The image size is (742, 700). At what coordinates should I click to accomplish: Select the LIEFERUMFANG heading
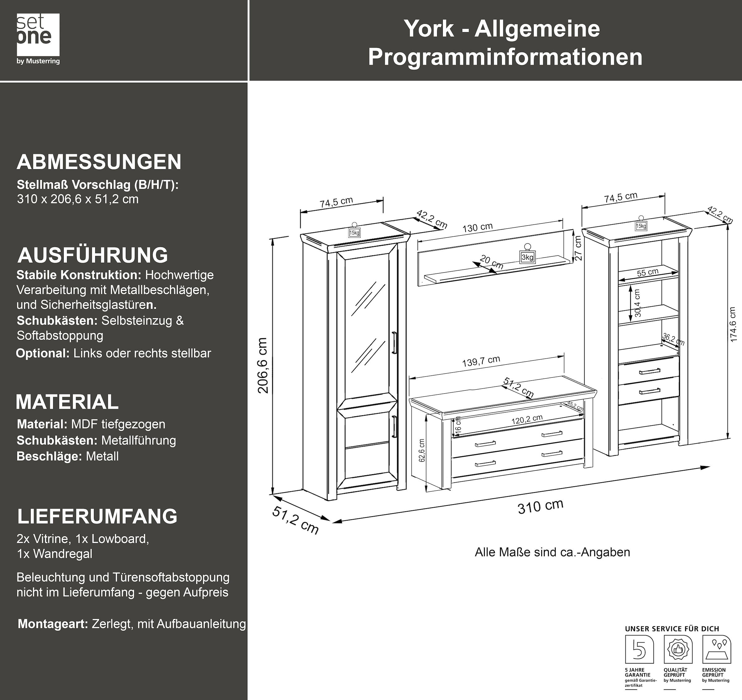coord(97,516)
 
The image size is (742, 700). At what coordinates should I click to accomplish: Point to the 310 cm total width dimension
coord(540,506)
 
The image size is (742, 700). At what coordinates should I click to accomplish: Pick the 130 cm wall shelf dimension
coord(477,227)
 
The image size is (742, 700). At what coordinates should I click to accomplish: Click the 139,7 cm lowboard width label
coord(481,361)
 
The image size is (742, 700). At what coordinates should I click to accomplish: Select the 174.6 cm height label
coord(733,324)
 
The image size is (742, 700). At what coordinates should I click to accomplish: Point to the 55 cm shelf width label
coord(647,272)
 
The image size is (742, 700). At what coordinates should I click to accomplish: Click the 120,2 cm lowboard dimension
coord(527,419)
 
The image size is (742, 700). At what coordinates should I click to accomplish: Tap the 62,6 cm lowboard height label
coord(422,451)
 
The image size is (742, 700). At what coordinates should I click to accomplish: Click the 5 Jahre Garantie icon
coord(639,650)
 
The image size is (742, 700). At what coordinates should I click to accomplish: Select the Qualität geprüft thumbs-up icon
coord(678,650)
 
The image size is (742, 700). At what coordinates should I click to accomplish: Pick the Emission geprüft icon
coord(717,650)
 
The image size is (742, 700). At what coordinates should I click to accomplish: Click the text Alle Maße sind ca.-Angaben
coord(552,552)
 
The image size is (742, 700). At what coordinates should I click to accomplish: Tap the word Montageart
coord(53,624)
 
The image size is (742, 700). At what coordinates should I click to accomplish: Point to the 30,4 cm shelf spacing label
coord(638,303)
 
